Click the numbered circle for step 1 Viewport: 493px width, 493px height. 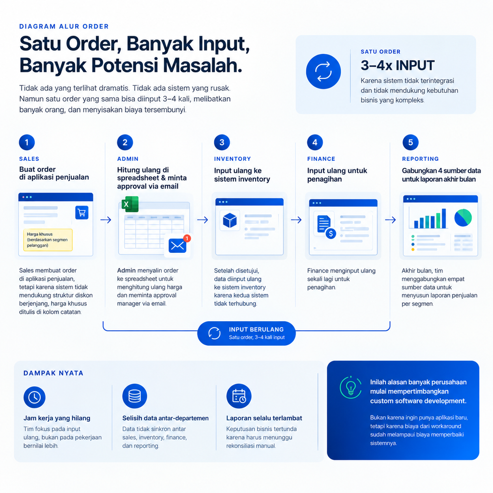(27, 143)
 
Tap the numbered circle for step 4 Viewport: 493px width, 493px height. (315, 143)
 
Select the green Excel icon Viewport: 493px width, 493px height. (130, 204)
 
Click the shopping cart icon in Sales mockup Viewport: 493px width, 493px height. (82, 212)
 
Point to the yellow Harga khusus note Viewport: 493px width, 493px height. (48, 240)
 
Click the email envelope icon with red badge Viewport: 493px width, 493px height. (178, 246)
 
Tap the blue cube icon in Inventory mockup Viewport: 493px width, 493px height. (230, 220)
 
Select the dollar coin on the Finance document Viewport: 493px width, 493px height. (331, 234)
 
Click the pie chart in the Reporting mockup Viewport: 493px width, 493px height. (463, 218)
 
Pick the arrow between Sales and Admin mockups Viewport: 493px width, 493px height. (105, 220)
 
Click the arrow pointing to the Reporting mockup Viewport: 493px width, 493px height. (390, 220)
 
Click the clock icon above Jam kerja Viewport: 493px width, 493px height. (35, 397)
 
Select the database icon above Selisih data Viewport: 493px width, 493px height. (135, 396)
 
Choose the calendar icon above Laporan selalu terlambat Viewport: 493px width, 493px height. (239, 396)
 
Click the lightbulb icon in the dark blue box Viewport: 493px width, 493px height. (350, 388)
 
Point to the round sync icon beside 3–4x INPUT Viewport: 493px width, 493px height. (323, 71)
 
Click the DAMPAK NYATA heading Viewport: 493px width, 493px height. (53, 373)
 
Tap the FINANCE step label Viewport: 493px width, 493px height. (321, 159)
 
